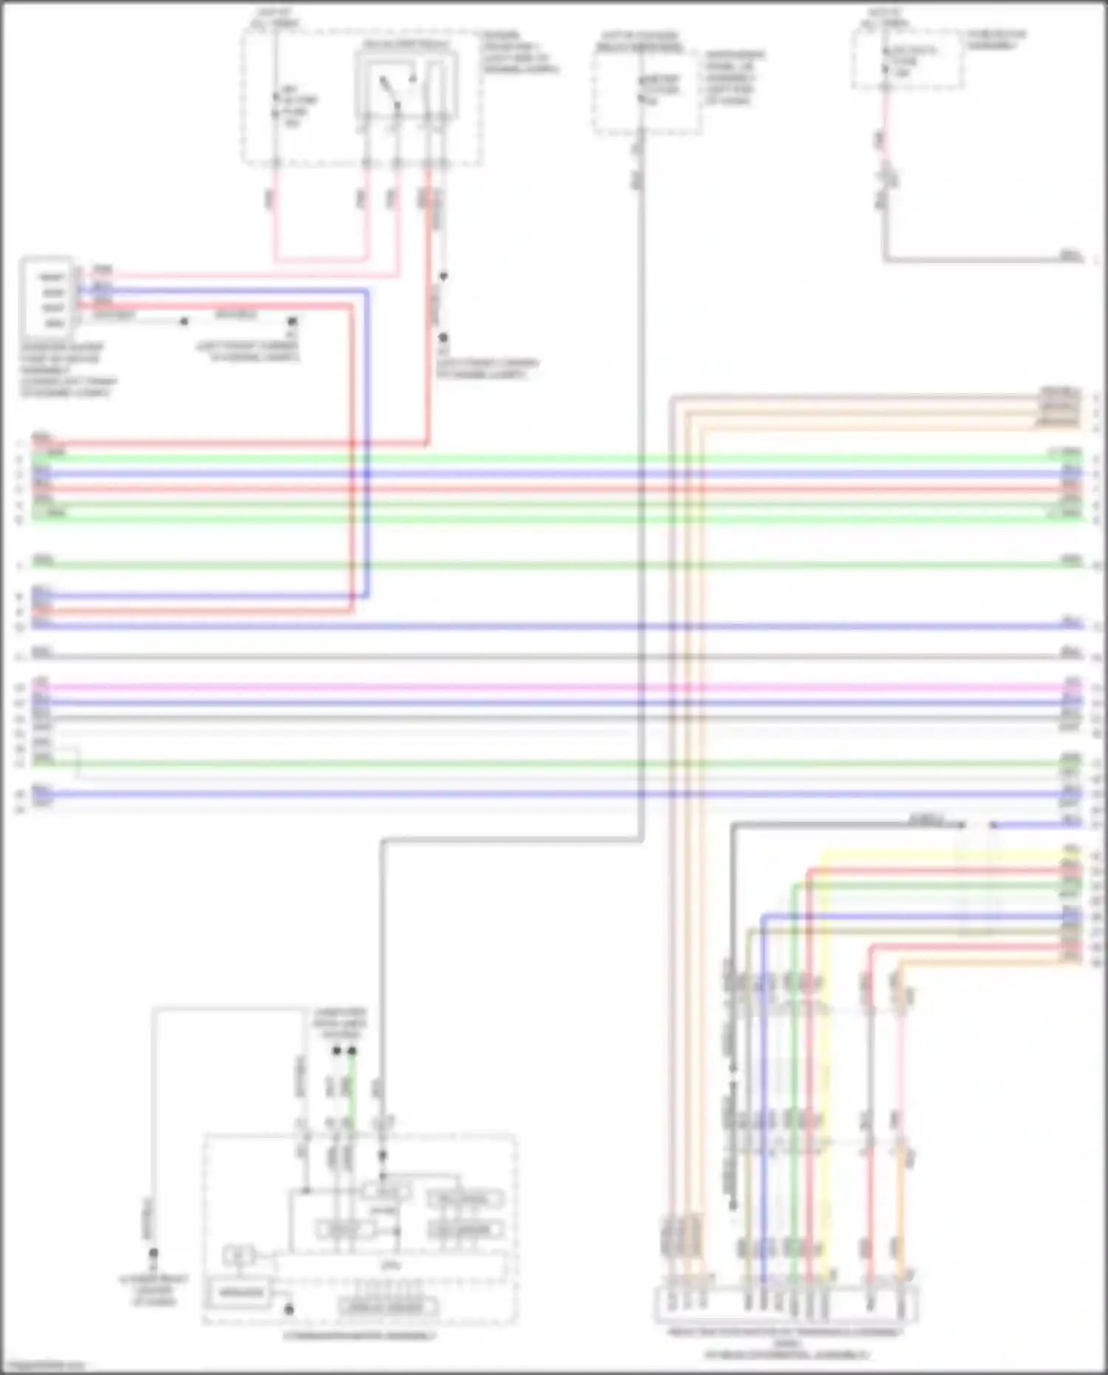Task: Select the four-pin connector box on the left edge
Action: [x=47, y=297]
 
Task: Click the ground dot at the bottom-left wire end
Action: [x=154, y=1253]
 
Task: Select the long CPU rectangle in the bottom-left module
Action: [x=390, y=1266]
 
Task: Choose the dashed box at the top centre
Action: [x=647, y=92]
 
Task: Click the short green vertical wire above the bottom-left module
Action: [x=352, y=1090]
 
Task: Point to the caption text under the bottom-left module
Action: [x=360, y=1336]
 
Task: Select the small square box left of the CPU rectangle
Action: [x=238, y=1255]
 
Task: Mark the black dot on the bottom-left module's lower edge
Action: [x=290, y=1310]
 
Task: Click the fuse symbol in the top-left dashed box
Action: [x=276, y=103]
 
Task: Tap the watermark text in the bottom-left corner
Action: [x=43, y=1365]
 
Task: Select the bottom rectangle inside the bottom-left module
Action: [x=387, y=1306]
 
